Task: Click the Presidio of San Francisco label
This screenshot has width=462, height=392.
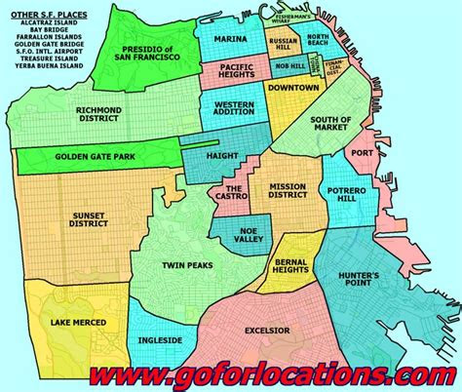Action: (151, 53)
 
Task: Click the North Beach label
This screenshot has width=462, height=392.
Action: (322, 42)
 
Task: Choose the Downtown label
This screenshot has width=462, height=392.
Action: (293, 89)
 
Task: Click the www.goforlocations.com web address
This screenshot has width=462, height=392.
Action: (256, 372)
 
